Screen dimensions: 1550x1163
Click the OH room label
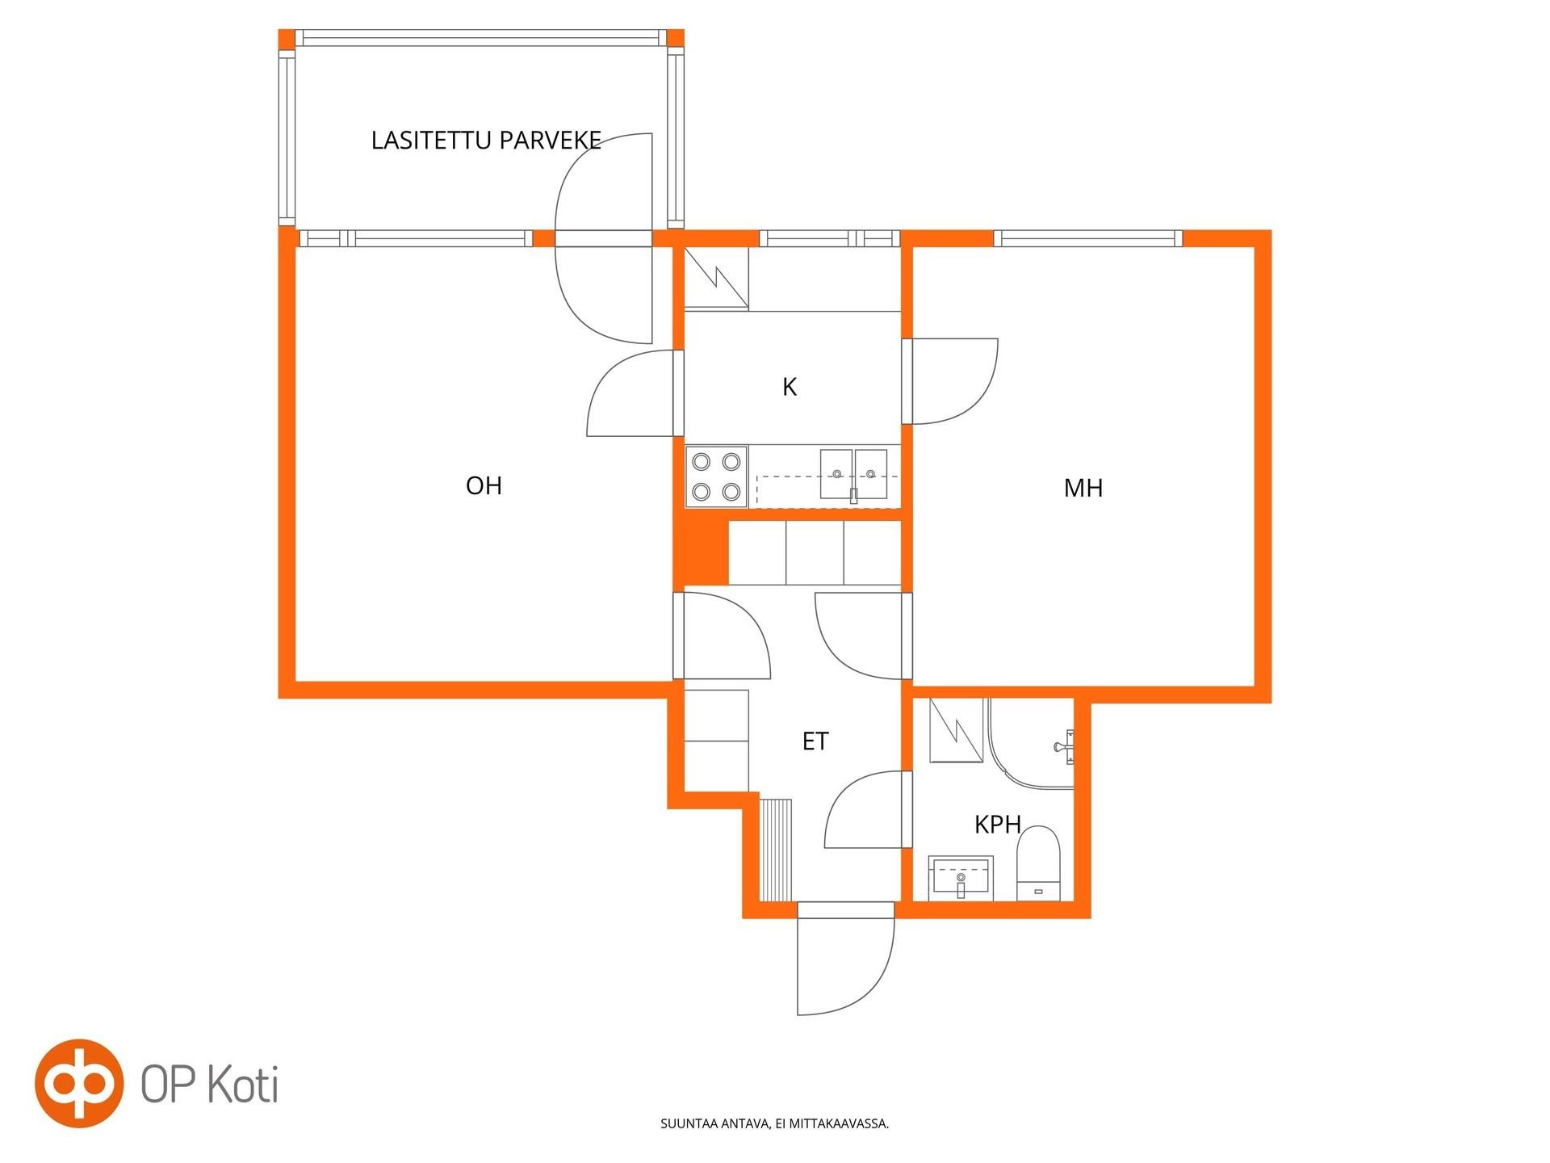click(484, 485)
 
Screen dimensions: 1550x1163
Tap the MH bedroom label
click(1083, 488)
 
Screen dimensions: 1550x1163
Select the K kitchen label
click(790, 387)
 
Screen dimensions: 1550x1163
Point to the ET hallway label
click(815, 741)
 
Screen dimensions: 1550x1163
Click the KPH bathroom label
click(998, 825)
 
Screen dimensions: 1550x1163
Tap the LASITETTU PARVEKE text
click(486, 141)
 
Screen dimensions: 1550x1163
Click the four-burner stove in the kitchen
click(717, 477)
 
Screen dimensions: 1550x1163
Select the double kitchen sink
click(853, 476)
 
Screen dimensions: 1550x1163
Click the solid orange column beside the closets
click(701, 552)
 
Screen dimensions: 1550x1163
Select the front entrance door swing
click(846, 966)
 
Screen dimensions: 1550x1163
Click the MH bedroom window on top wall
click(1088, 238)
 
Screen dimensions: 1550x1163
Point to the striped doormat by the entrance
click(777, 850)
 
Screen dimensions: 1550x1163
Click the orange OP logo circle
click(79, 1083)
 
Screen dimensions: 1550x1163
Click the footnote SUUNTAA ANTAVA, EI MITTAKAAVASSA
click(775, 1123)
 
